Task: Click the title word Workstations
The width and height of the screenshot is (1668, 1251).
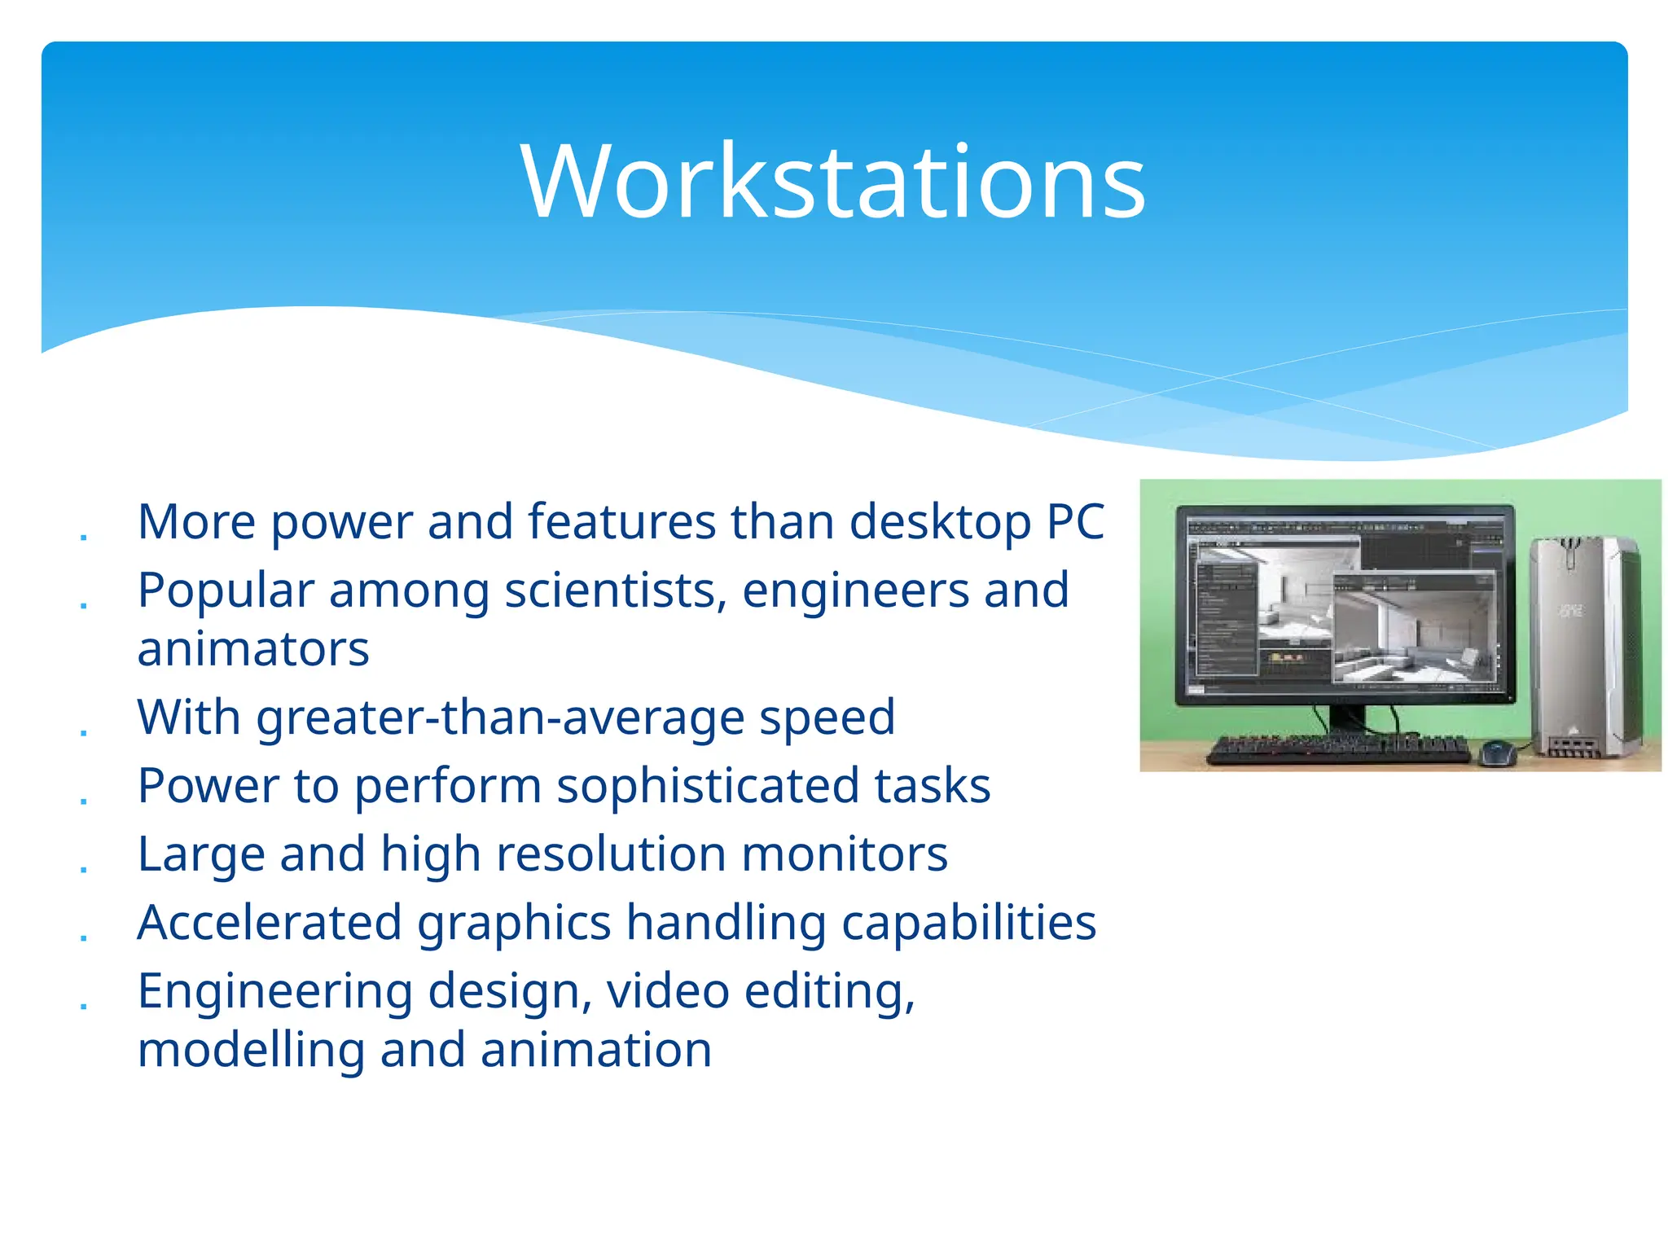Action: [x=833, y=181]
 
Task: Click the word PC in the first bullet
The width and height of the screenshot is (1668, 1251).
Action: [x=1075, y=521]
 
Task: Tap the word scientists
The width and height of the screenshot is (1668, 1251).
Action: [x=615, y=590]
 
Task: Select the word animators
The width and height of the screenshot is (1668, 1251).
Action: [x=253, y=649]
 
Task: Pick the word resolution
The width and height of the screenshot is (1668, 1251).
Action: [x=611, y=854]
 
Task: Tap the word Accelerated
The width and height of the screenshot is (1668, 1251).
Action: [x=270, y=923]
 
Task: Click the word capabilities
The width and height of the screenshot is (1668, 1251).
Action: [x=968, y=923]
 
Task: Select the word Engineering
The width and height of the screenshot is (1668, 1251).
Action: [x=275, y=991]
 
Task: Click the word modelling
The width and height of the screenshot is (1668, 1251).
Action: [x=251, y=1050]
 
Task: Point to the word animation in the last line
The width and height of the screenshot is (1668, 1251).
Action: [x=596, y=1050]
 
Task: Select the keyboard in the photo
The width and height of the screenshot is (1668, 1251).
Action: [x=1337, y=748]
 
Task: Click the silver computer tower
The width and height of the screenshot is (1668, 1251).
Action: [x=1584, y=647]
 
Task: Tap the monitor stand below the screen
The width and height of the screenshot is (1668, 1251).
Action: [x=1346, y=718]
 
